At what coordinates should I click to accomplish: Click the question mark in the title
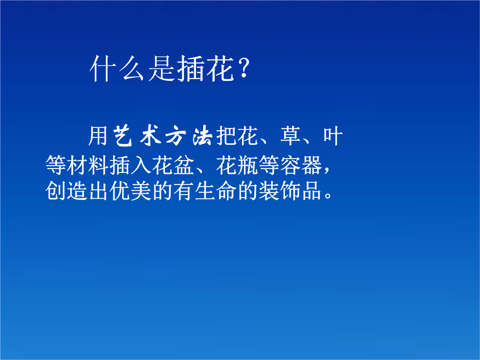pos(244,68)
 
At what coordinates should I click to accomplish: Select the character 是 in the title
pos(162,68)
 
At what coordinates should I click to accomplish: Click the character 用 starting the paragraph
pos(98,135)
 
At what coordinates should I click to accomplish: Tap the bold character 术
pos(150,135)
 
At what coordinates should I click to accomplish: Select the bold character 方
pos(176,135)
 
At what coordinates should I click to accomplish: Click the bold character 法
pos(202,135)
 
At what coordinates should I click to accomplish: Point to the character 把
pos(226,135)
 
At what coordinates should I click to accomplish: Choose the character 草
pos(290,135)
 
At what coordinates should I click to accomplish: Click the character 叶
pos(333,135)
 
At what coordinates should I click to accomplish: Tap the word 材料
pos(88,165)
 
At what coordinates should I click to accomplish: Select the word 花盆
pos(173,165)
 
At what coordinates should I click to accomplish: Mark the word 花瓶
pos(237,165)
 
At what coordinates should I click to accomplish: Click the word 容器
pos(301,165)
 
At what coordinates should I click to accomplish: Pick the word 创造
pos(66,191)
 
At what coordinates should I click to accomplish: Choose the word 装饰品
pos(290,191)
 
